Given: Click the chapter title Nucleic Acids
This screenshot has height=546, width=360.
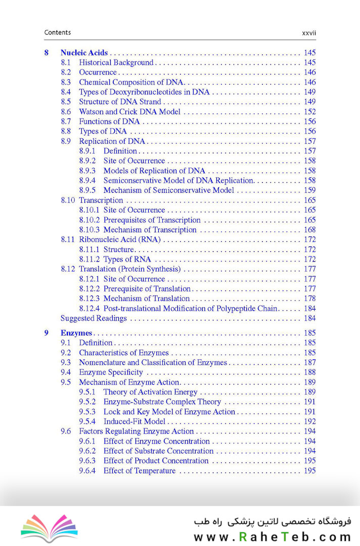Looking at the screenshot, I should click(x=84, y=53).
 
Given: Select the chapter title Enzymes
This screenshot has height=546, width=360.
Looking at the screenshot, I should click(x=76, y=333).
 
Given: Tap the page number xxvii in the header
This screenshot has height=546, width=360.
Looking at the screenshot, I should click(x=308, y=33).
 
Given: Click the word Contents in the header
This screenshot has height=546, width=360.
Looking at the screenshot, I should click(x=58, y=32).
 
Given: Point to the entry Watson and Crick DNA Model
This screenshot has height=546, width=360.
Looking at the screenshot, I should click(x=129, y=112).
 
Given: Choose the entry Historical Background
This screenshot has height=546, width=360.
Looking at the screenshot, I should click(x=116, y=63).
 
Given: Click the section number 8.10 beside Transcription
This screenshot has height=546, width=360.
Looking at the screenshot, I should click(x=68, y=200).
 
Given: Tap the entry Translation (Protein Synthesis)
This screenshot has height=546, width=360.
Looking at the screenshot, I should click(x=129, y=269).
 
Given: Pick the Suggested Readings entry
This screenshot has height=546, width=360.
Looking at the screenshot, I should click(x=94, y=318).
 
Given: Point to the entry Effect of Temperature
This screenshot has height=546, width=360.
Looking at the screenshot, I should click(x=140, y=471).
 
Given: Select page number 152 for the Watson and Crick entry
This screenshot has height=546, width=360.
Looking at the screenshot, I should click(x=309, y=112).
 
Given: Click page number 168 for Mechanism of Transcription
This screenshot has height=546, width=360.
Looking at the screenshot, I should click(x=309, y=230).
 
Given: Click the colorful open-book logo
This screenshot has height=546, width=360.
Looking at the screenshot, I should click(x=49, y=528).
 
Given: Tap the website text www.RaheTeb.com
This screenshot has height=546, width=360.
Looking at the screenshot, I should click(x=272, y=537).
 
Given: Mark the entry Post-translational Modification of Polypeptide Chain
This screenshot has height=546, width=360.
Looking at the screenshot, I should click(x=191, y=309).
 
